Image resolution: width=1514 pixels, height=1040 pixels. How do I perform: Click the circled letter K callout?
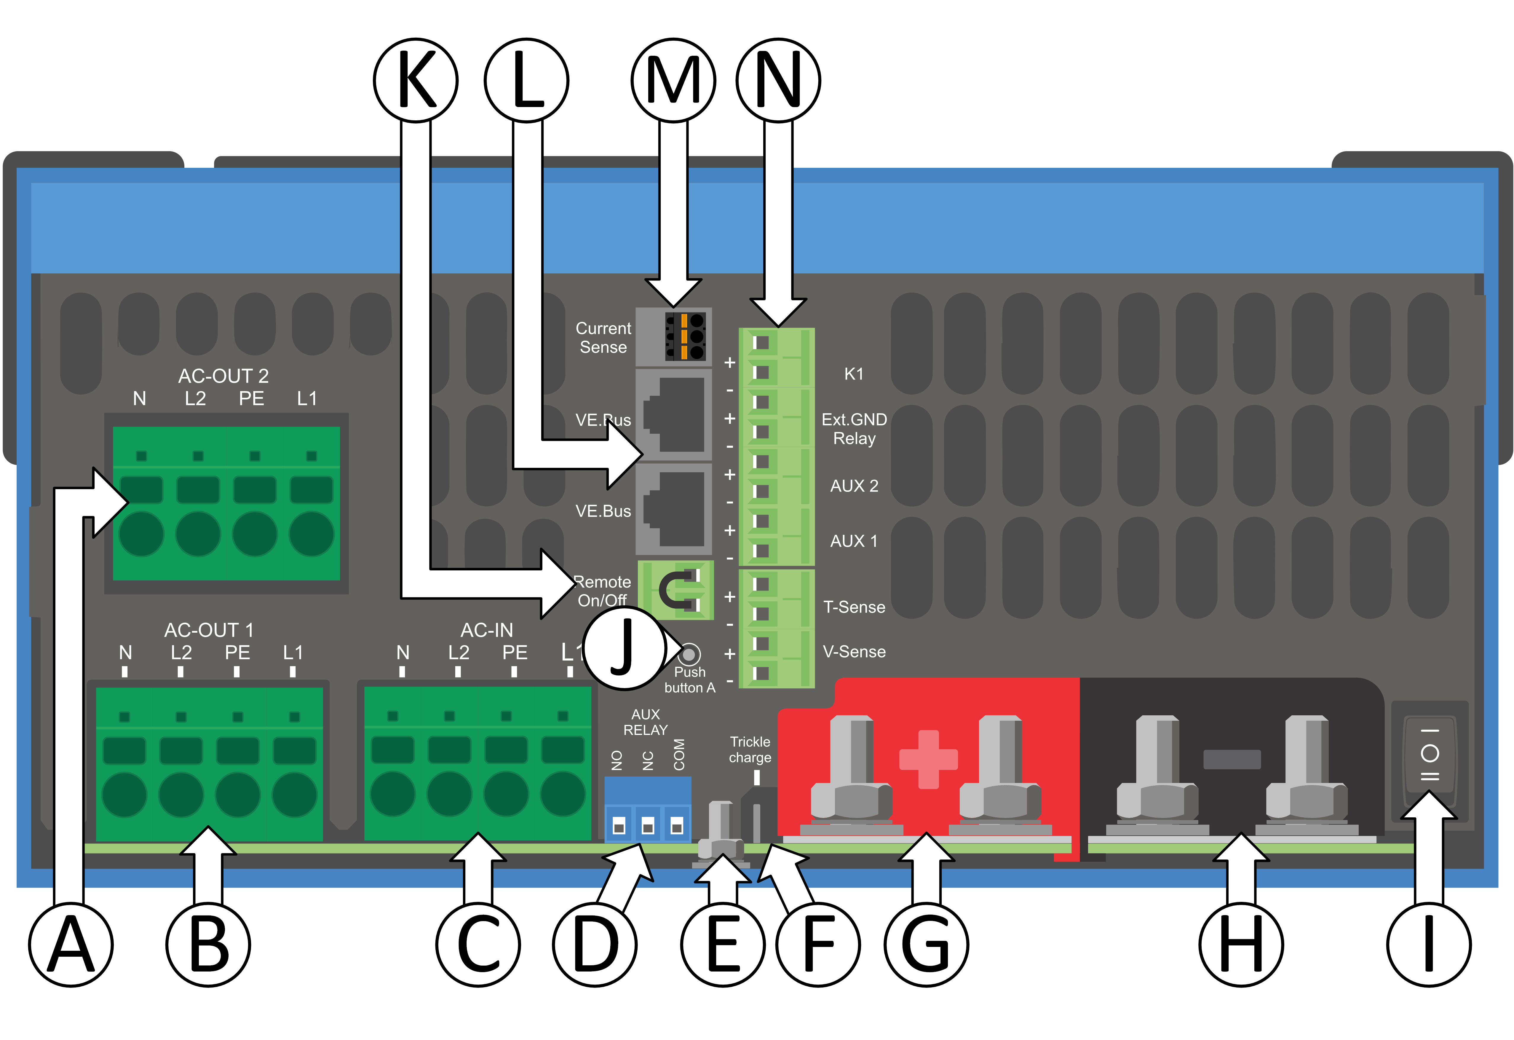pos(416,80)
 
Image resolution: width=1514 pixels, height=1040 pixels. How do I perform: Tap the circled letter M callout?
pos(674,80)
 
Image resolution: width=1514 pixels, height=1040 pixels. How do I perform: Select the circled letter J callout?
pos(624,648)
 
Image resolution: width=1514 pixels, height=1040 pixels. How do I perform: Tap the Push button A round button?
pos(689,653)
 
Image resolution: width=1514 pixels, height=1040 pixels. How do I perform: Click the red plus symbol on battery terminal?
pos(928,759)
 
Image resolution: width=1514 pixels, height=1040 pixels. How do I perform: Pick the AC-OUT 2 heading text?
pos(223,376)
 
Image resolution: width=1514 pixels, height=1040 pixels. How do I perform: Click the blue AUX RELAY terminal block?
pos(648,810)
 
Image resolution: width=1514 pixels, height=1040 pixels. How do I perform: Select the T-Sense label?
pos(854,607)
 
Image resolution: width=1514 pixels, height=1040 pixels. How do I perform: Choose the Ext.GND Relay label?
pos(854,429)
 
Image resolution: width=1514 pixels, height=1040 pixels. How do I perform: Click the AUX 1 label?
pos(854,541)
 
